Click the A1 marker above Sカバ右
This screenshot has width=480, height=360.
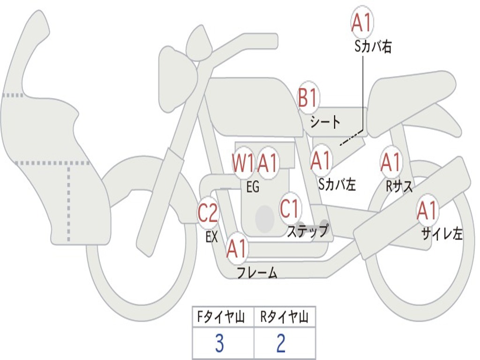(x=362, y=22)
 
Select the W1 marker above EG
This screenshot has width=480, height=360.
(x=243, y=163)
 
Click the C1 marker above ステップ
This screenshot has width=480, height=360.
(x=290, y=208)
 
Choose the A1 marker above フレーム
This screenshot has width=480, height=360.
(x=237, y=248)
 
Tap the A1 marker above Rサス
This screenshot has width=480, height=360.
(x=390, y=162)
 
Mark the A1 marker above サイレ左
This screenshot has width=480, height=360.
(x=427, y=210)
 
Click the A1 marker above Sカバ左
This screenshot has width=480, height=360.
(x=322, y=161)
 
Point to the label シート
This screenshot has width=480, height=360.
(x=325, y=122)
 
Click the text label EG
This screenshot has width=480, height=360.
(x=253, y=187)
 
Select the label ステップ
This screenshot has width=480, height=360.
(x=307, y=231)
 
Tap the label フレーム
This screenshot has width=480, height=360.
(x=257, y=272)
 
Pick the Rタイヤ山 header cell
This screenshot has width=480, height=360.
(x=284, y=318)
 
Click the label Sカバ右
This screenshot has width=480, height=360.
(x=373, y=46)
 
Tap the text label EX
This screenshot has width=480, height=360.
(x=212, y=237)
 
